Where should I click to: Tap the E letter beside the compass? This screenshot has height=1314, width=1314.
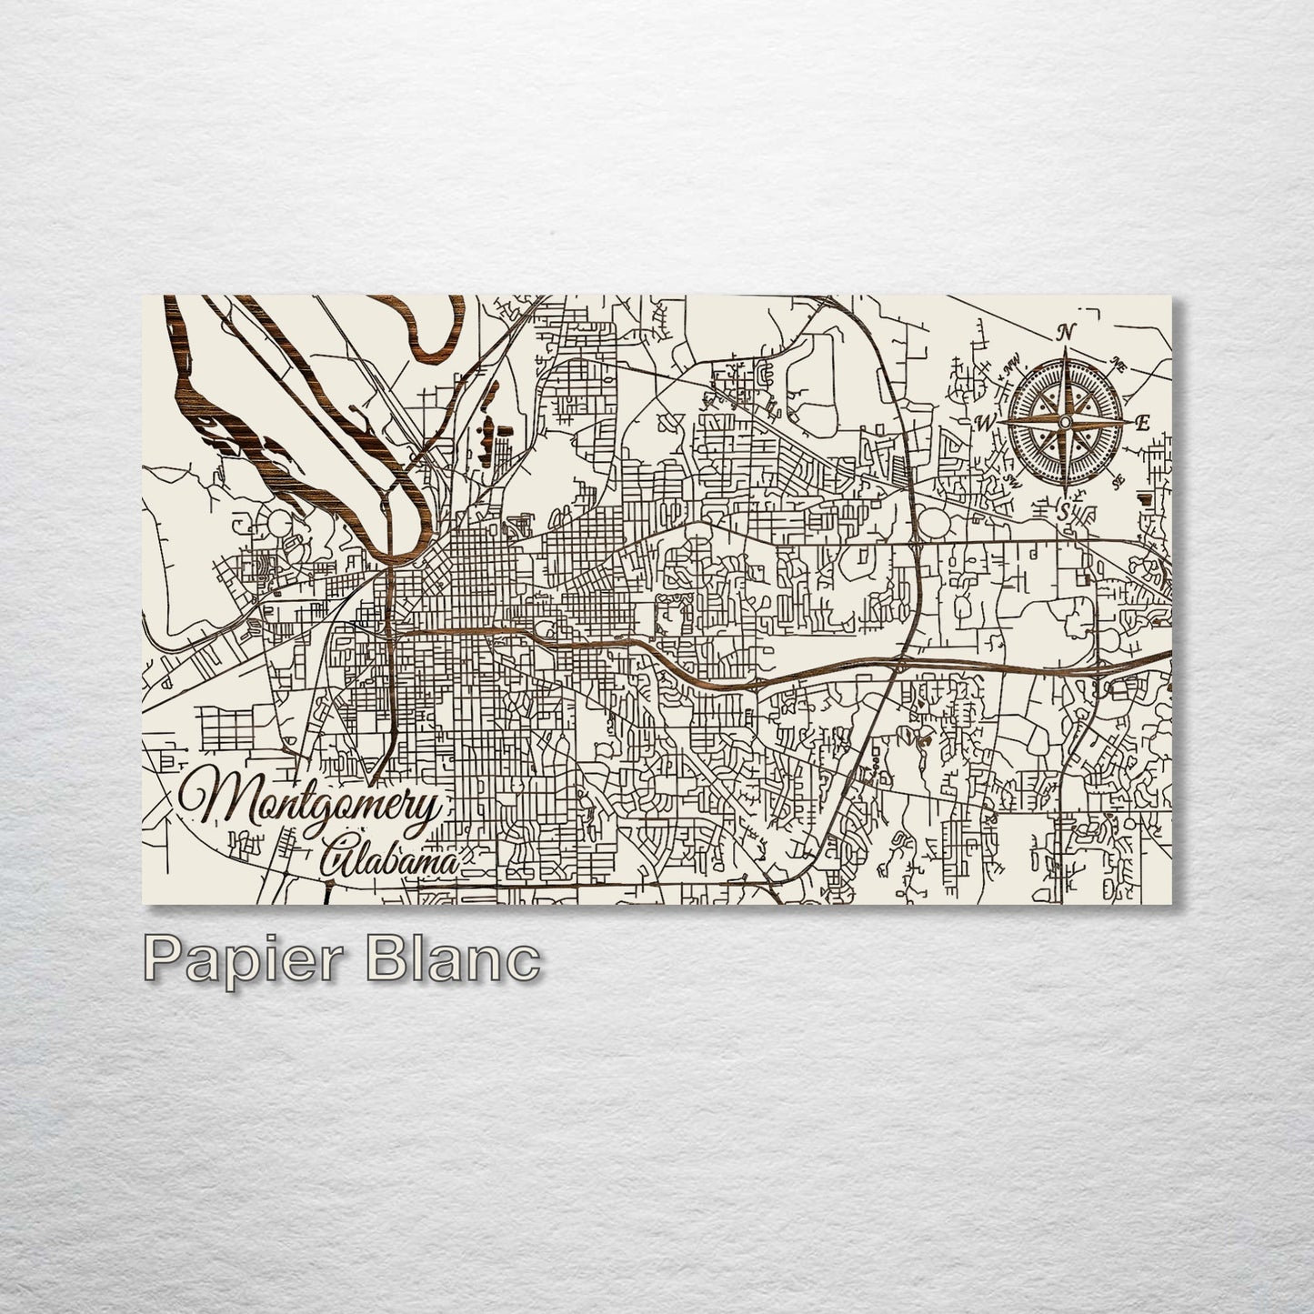coord(1143,421)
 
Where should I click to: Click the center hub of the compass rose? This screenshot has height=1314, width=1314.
coord(1065,421)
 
